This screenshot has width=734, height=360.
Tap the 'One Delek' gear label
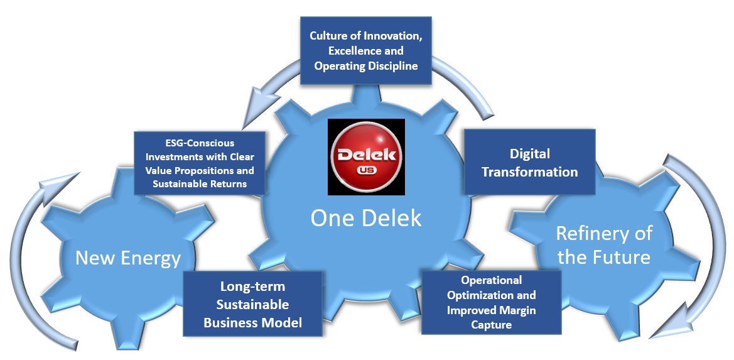pos(366,217)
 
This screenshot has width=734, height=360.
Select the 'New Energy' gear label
pos(128,258)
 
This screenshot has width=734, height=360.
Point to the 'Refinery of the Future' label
pos(603,245)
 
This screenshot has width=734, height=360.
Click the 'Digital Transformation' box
pos(529,162)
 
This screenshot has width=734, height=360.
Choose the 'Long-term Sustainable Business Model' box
pos(252,304)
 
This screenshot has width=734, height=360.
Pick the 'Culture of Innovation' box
pos(365,50)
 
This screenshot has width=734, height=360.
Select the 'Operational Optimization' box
pos(490,302)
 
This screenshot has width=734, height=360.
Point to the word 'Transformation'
pos(529,171)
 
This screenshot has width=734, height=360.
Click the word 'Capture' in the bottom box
pos(490,325)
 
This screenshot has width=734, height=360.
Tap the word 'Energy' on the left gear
pos(154,258)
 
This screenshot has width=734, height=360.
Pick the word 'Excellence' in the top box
pos(365,50)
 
